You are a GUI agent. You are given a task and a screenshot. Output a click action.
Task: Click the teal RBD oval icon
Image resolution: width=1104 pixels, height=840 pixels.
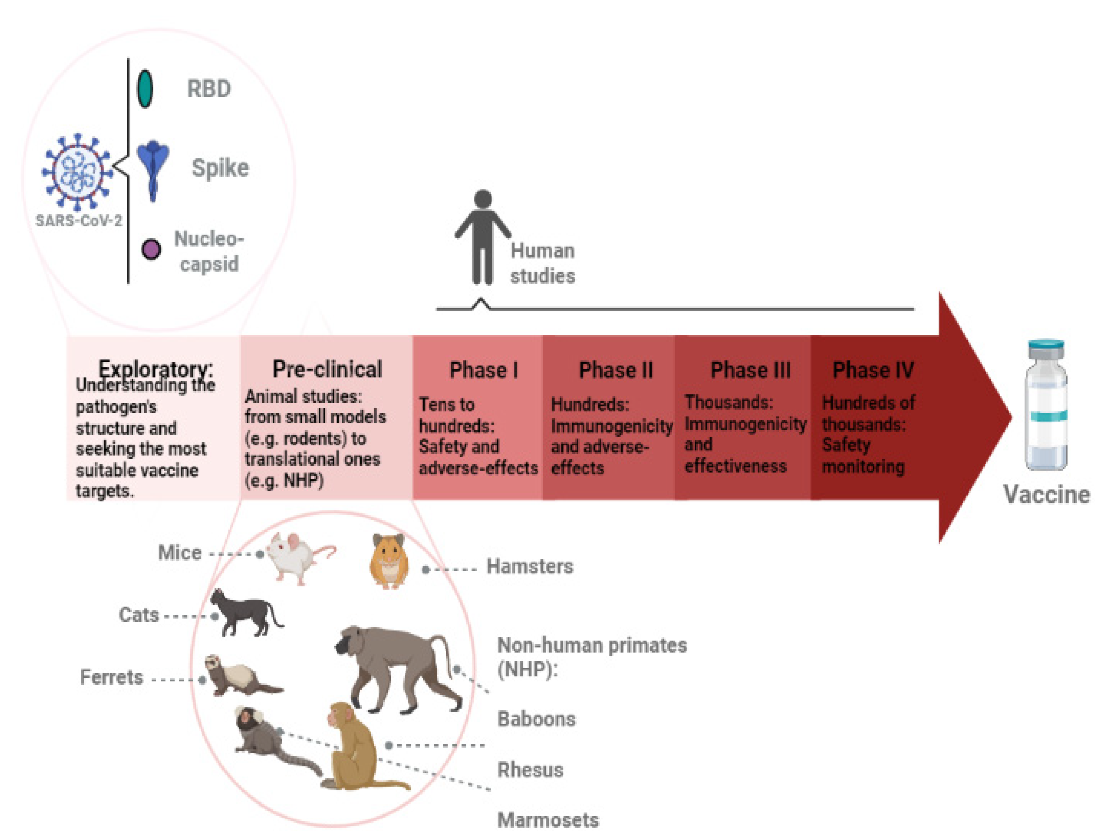(145, 89)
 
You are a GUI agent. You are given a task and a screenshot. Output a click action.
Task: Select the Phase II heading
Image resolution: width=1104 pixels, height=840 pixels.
(616, 370)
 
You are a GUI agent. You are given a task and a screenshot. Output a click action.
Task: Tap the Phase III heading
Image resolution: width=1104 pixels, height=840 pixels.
(750, 370)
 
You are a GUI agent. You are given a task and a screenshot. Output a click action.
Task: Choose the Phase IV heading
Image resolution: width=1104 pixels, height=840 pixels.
(873, 370)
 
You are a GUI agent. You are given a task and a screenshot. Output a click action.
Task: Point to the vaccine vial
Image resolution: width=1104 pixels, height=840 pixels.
(1046, 405)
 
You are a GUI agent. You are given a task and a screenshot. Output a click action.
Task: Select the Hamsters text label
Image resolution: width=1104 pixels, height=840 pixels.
(530, 567)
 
